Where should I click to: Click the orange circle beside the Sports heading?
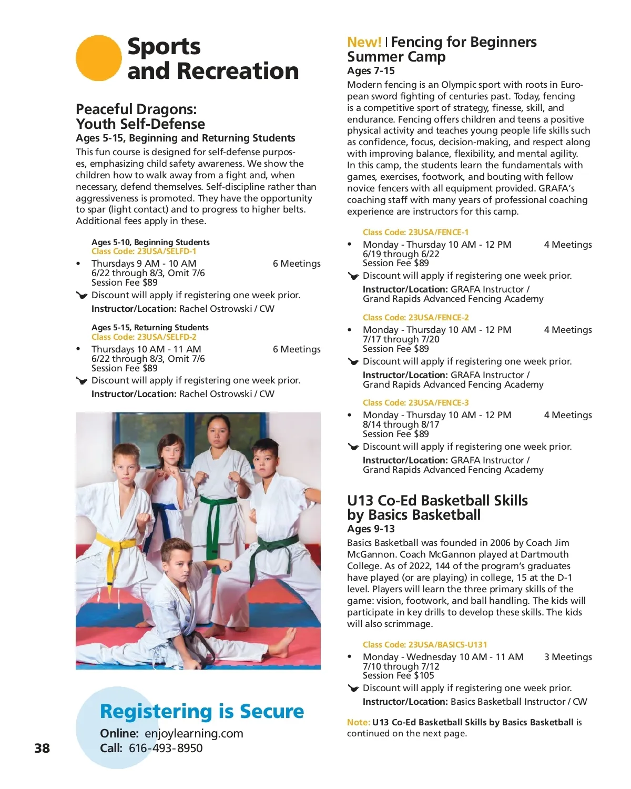(99, 58)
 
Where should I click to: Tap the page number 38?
(42, 748)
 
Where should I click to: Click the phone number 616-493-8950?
(166, 748)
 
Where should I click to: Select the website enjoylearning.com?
(194, 733)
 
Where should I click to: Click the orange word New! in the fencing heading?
(364, 42)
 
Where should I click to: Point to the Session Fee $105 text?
(398, 675)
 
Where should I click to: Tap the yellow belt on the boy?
(113, 550)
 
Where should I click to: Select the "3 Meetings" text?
(568, 657)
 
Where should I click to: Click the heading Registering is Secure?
(202, 711)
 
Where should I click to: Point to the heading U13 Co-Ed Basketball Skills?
(437, 500)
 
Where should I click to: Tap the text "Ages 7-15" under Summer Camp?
(371, 71)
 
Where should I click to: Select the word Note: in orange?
(358, 722)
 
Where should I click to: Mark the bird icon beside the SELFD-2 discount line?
(82, 381)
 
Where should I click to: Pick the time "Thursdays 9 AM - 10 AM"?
(144, 264)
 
